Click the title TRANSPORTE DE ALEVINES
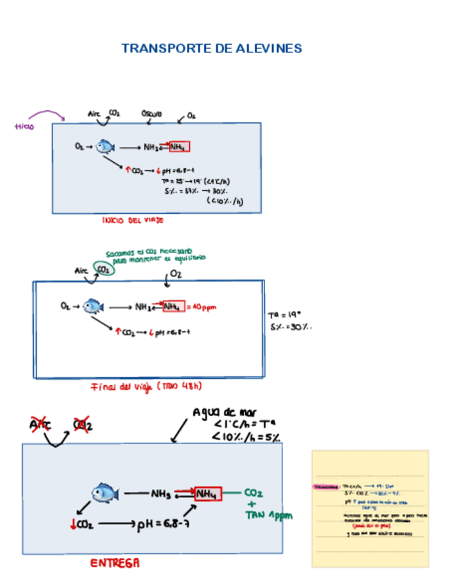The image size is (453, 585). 211,48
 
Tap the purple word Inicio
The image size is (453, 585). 24,126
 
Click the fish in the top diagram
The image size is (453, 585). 105,146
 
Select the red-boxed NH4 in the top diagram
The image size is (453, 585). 178,147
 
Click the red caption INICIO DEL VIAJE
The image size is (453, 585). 133,221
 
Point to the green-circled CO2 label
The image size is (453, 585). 104,270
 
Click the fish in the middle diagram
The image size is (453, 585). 93,306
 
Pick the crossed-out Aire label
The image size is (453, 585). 41,424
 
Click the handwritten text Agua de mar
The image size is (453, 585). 224,413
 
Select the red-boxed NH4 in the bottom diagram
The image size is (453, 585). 207,494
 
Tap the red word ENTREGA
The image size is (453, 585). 115,562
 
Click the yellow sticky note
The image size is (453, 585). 370,508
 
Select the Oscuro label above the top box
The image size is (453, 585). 152,114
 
